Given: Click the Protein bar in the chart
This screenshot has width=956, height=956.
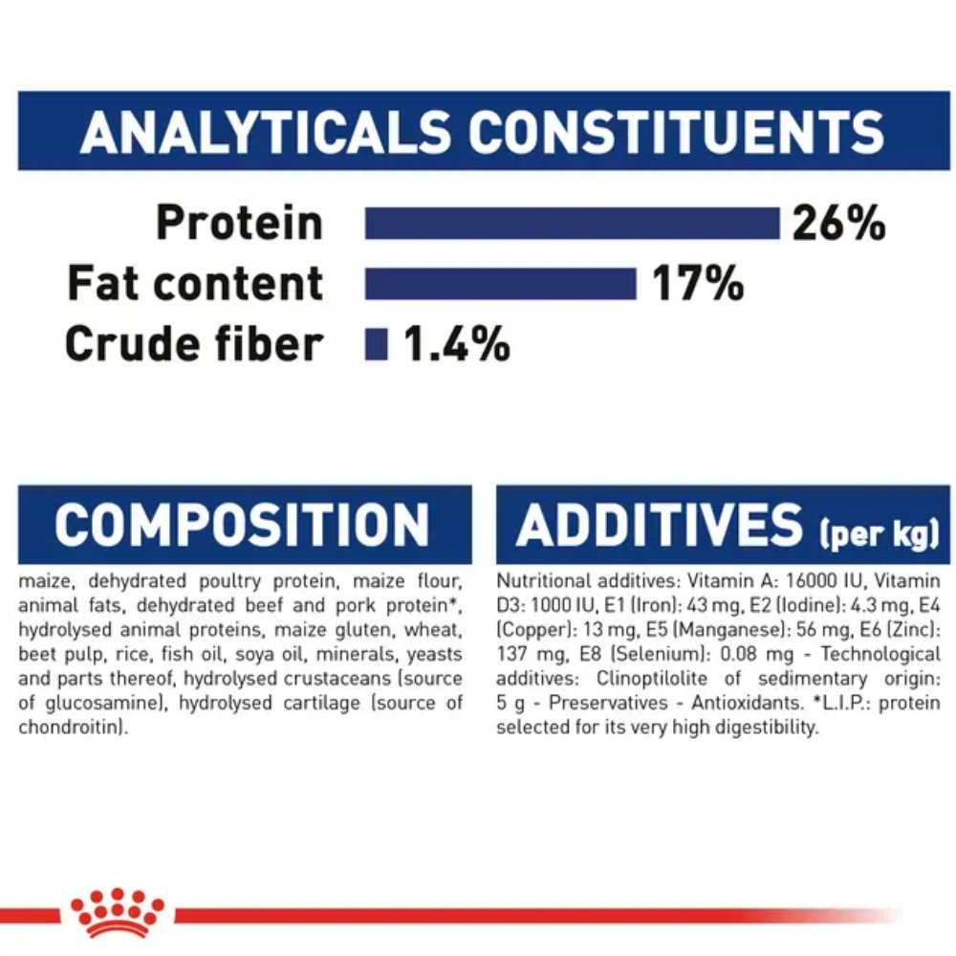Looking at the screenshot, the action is click(x=572, y=223).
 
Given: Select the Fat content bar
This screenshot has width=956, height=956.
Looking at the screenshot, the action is click(x=501, y=284).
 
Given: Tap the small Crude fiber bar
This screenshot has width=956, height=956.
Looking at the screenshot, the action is click(x=376, y=344).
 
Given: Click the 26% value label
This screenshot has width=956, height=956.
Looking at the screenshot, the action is click(x=838, y=223).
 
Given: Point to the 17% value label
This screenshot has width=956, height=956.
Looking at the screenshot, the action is click(x=698, y=284).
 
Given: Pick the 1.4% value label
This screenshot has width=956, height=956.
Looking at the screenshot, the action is click(x=457, y=344).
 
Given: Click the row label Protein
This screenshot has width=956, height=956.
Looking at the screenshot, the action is click(x=239, y=223).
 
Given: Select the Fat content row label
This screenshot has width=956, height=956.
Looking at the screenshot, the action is click(x=194, y=284).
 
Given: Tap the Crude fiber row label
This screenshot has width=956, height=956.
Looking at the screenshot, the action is click(x=194, y=344).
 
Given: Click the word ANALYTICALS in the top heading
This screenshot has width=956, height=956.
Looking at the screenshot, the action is click(x=265, y=132).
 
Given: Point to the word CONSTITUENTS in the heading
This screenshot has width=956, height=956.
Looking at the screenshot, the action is click(x=676, y=132).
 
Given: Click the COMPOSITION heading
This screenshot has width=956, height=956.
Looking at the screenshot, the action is click(x=243, y=525).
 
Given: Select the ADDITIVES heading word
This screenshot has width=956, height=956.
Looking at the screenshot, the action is click(x=660, y=525).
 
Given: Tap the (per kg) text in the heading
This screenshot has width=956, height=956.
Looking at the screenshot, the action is click(x=880, y=532).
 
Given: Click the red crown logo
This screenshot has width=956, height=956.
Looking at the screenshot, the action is click(x=117, y=913).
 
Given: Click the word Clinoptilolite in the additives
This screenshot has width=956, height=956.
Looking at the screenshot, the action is click(x=652, y=679).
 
